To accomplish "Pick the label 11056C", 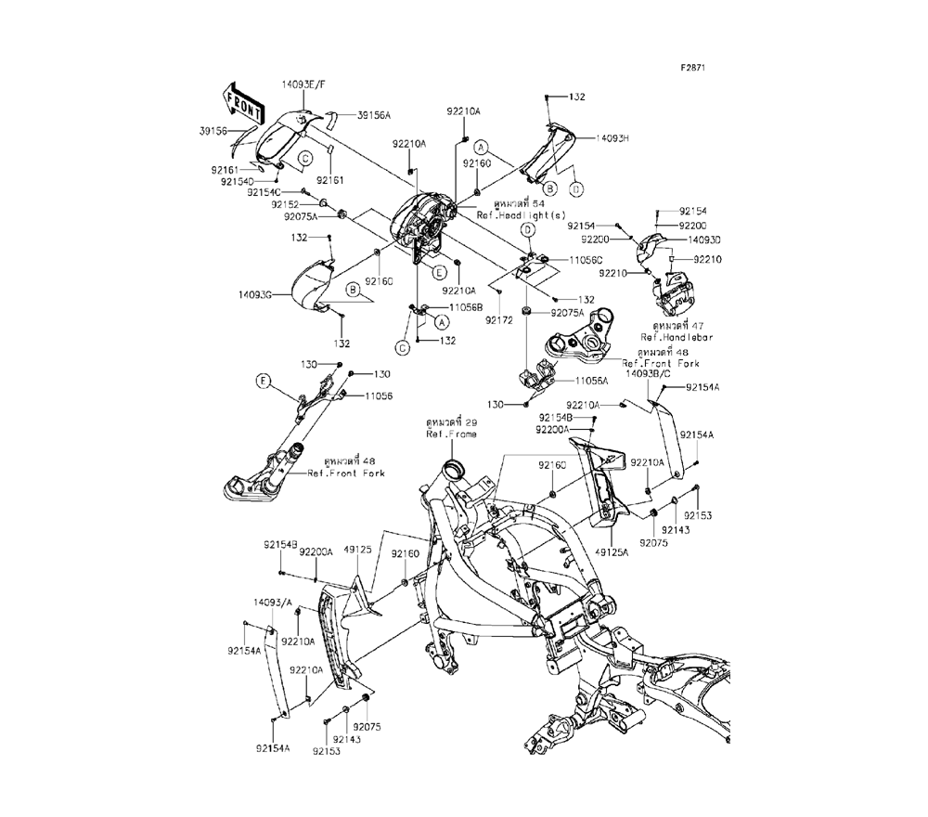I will tap(586, 261).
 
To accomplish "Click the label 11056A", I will tap(591, 381).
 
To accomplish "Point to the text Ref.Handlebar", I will tap(674, 337).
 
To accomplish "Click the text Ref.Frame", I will tap(445, 434).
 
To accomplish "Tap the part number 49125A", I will tap(612, 551).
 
